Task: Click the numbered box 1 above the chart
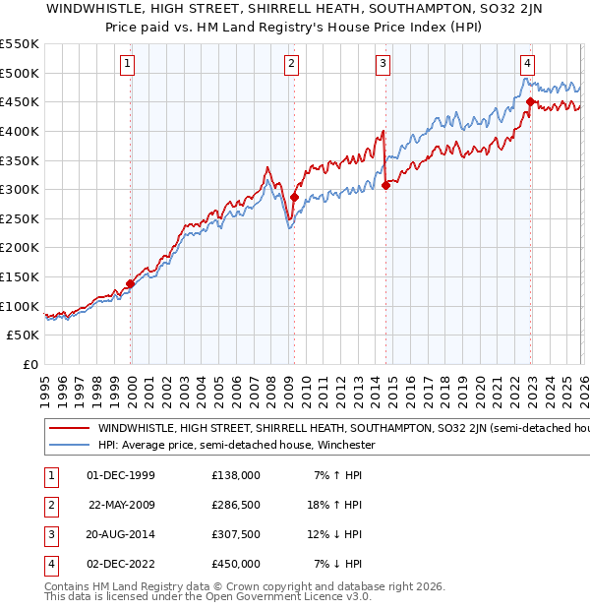(x=129, y=65)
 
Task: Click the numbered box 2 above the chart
(x=292, y=65)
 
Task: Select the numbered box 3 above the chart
(x=383, y=65)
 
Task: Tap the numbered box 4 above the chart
(x=528, y=65)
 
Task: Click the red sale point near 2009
(x=294, y=198)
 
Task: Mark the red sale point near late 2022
(x=531, y=101)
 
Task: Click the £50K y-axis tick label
(x=23, y=335)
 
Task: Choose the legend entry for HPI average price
(x=235, y=445)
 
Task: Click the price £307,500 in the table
(x=235, y=534)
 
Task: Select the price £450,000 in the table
(x=235, y=564)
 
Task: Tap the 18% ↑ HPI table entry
(x=336, y=505)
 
